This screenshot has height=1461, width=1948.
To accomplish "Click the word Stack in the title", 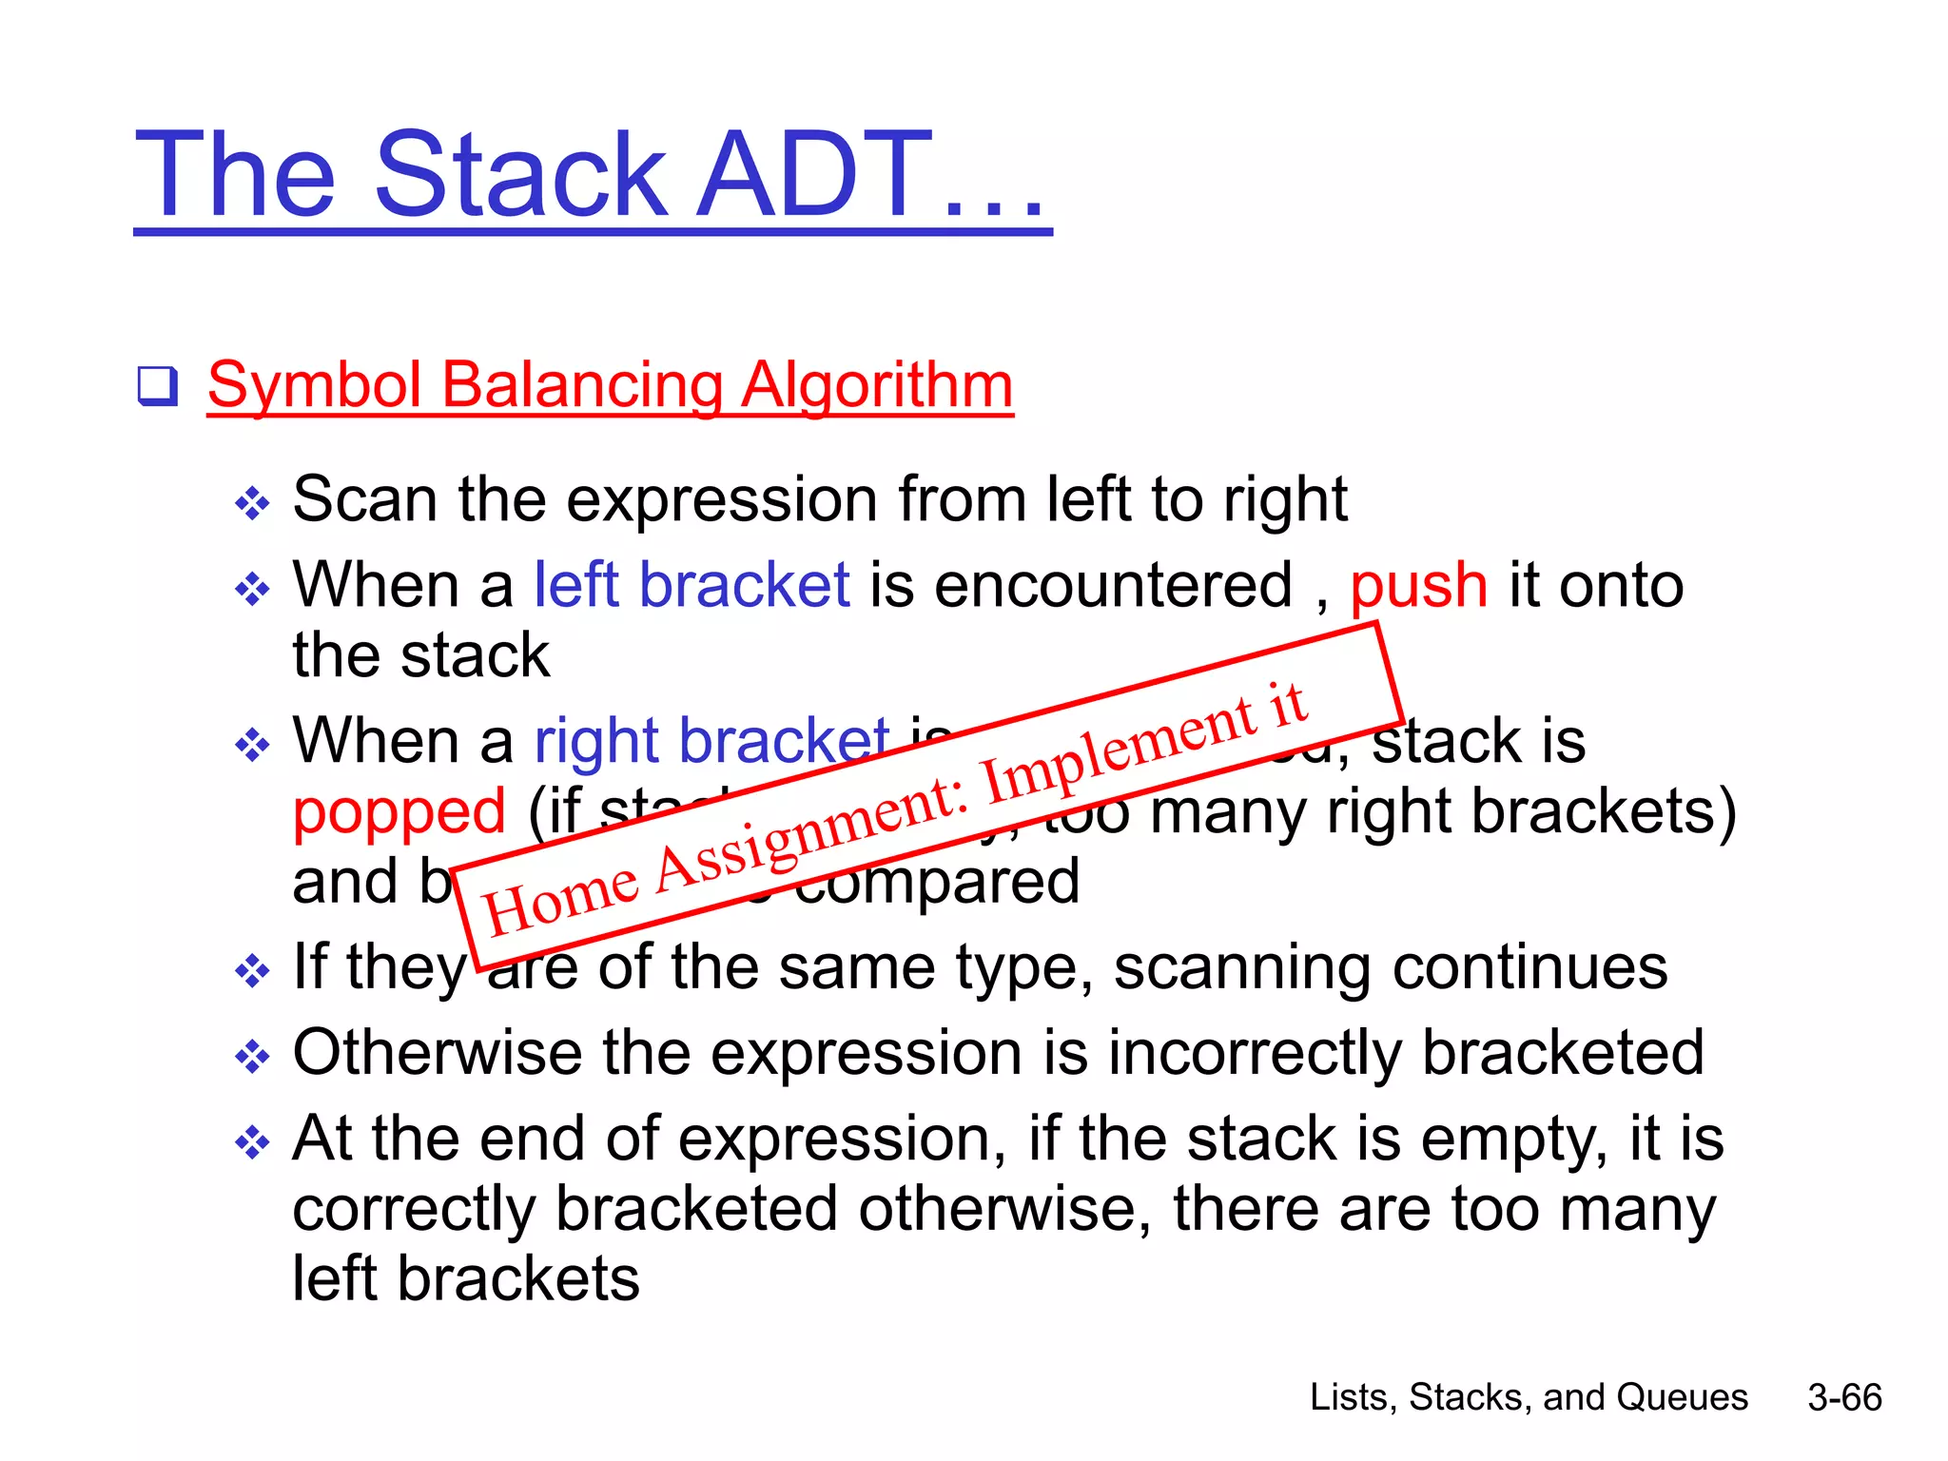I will pos(521,175).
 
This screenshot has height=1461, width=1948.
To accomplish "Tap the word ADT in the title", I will pos(814,175).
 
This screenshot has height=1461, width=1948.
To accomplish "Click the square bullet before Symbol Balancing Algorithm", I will pos(157,386).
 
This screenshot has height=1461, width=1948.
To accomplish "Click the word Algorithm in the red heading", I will pos(877,385).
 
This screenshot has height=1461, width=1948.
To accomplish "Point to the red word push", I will pos(1418,585).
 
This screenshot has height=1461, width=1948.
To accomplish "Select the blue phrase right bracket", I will pos(711,741).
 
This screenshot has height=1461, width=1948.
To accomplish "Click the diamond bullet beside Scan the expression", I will pos(252,503).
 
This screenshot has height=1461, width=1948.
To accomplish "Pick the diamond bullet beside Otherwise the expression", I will pos(252,1056).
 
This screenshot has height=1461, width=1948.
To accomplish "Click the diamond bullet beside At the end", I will pos(252,1141).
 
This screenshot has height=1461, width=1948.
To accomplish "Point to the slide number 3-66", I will pos(1844,1397).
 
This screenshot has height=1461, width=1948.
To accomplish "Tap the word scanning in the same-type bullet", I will pos(1242,967).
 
